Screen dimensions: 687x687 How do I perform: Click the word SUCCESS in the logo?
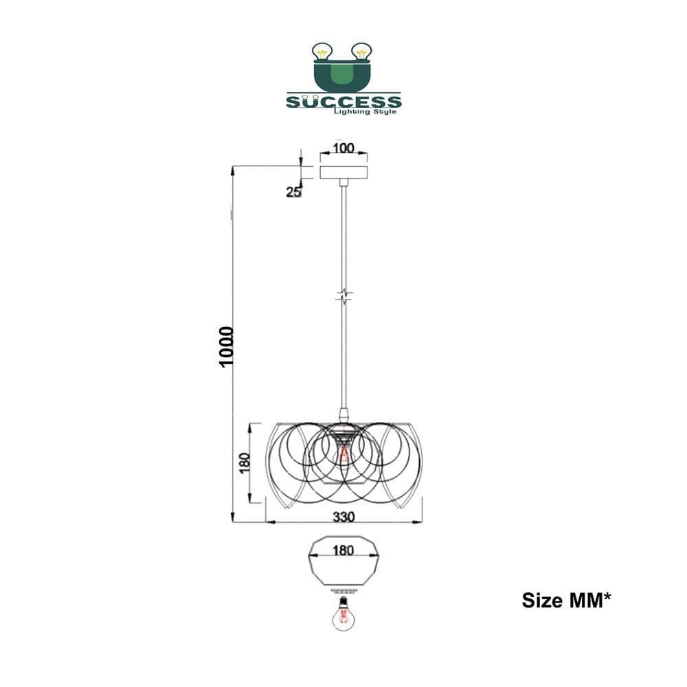pos(343,102)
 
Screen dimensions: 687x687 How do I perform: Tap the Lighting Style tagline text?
pos(365,112)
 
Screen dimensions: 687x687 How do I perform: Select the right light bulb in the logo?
pos(361,52)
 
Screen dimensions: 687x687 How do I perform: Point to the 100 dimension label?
pos(343,148)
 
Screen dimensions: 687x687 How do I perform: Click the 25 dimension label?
pos(293,192)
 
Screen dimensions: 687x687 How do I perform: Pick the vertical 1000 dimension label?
pos(226,347)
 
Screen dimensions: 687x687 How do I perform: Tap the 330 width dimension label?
pos(343,517)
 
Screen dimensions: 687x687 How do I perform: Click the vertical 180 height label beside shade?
pos(245,462)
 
